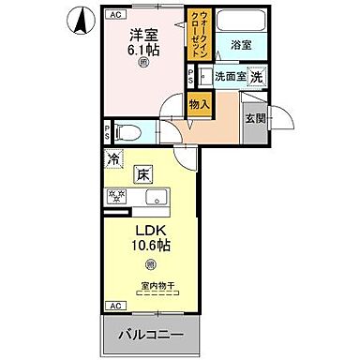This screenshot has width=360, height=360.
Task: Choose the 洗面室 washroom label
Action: (229, 78)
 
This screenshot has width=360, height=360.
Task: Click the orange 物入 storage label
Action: (198, 105)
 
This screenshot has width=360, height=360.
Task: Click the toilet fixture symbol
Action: (128, 133)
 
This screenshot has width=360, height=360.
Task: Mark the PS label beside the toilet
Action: (107, 133)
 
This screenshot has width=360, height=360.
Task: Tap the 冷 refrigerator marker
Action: (114, 159)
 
